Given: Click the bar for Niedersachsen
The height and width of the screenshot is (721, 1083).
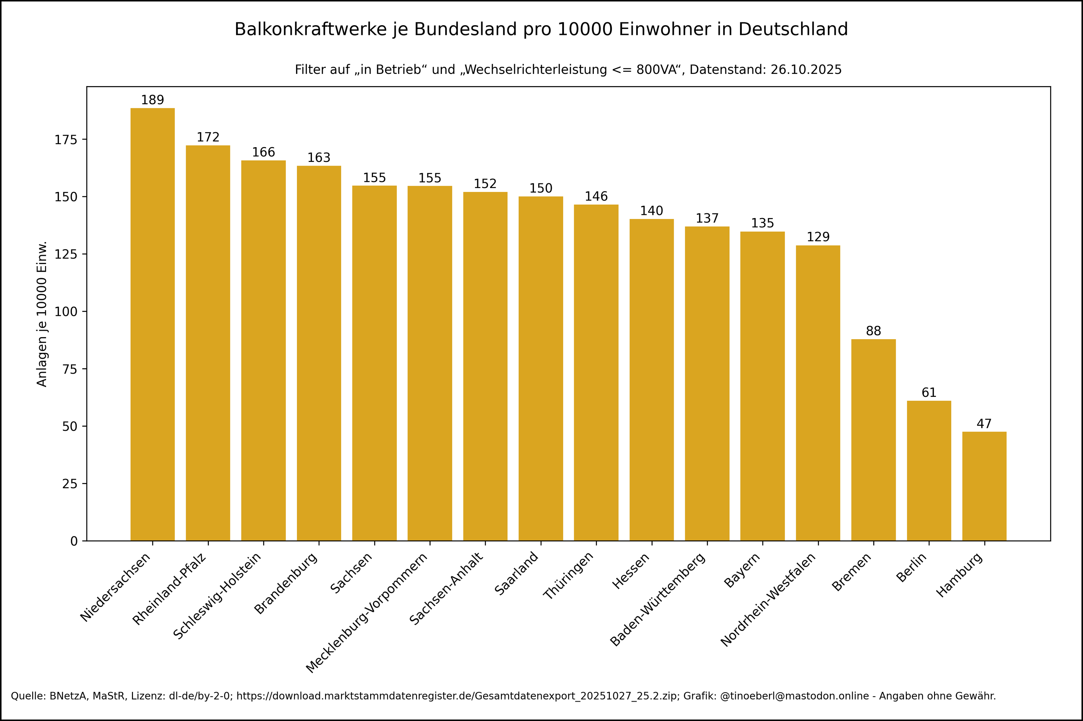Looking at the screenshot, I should point(152,324).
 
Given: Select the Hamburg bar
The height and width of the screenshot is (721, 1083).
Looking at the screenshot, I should point(984,486).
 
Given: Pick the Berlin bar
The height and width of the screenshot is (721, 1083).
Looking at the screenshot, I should point(929,470).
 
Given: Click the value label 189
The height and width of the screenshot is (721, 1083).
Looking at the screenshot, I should point(152,100).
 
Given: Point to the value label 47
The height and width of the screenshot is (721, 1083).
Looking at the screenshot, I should point(984,424).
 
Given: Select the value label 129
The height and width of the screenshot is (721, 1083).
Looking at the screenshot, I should point(818,237).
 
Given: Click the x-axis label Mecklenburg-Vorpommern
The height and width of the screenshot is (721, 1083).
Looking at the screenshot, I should point(367,613).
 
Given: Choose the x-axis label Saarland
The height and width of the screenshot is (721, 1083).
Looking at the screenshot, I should point(516,573).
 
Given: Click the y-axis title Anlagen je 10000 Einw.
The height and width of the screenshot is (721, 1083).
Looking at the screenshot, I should point(42,314).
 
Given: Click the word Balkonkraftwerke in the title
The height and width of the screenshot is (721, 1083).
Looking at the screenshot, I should point(311,29).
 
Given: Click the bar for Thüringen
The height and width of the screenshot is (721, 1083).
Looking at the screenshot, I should point(596,372).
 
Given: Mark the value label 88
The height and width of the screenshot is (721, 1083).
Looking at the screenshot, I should point(873,331).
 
